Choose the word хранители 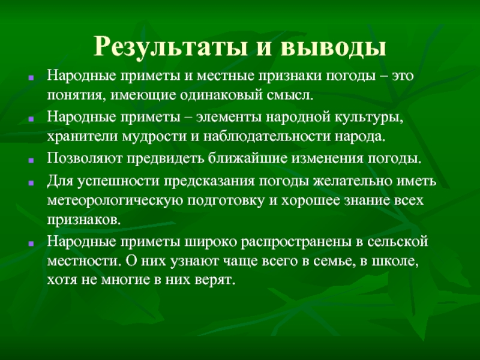(x=78, y=136)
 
